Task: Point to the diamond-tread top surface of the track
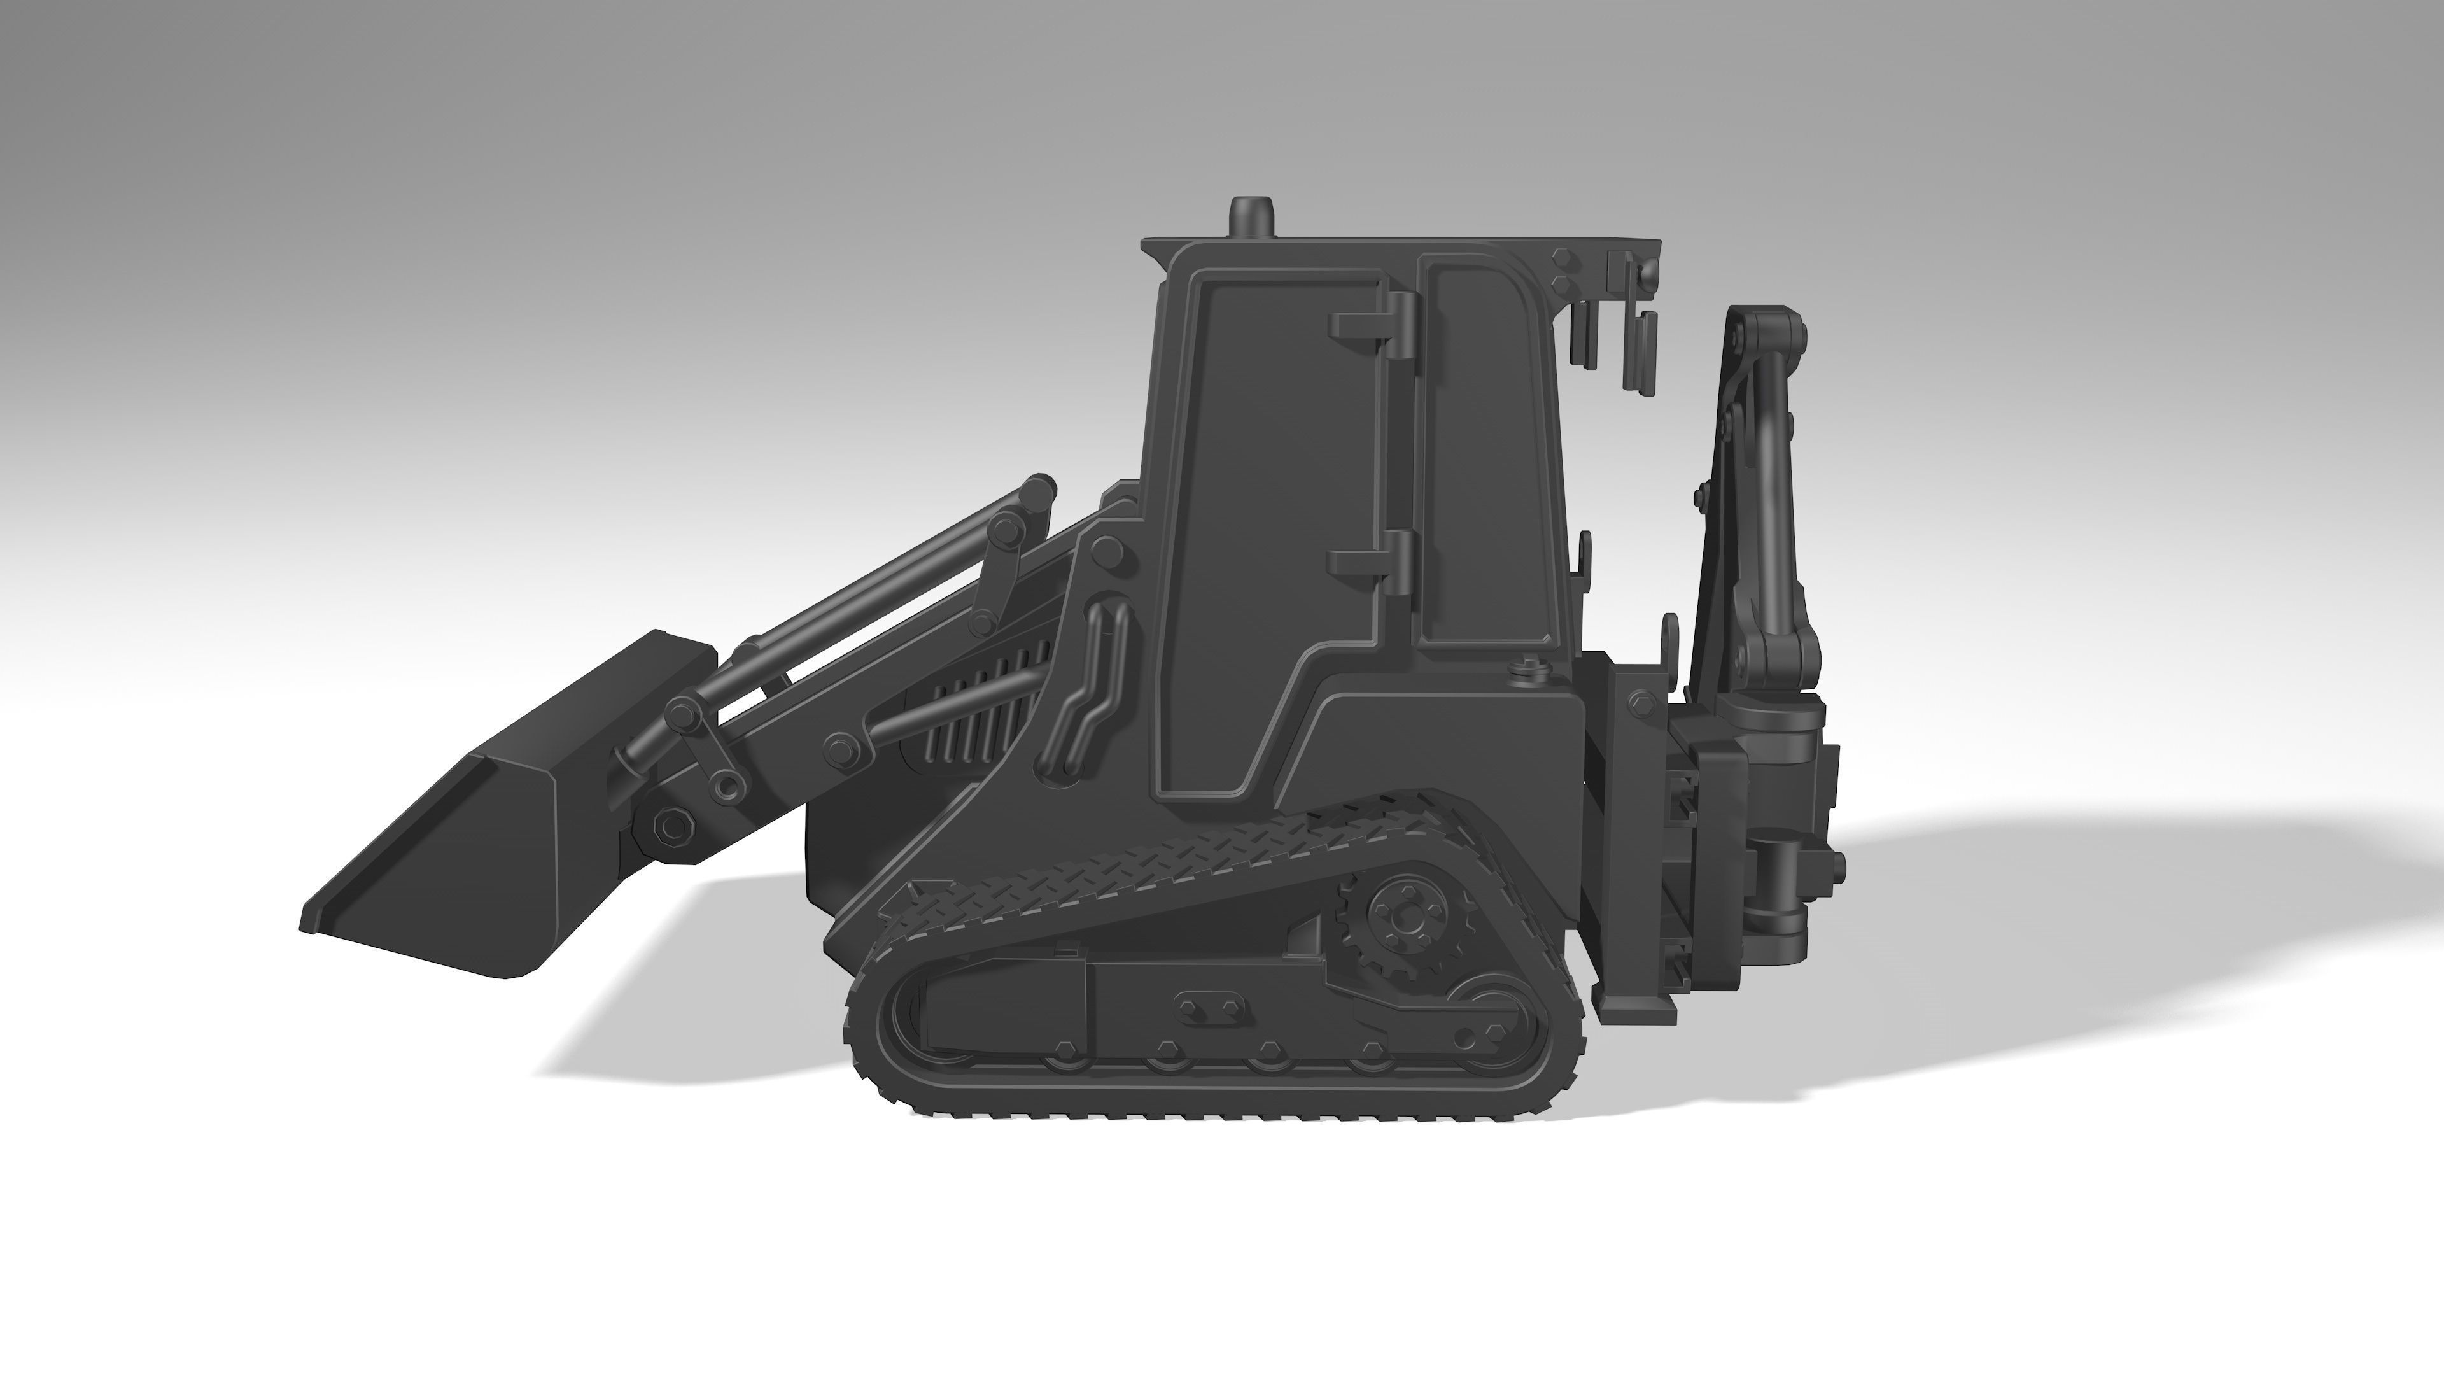pyautogui.click(x=1139, y=868)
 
